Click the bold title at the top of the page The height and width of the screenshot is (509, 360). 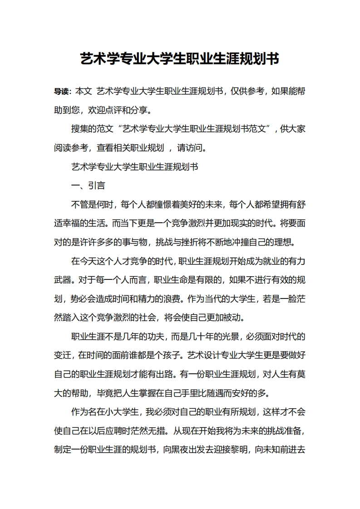[180, 59]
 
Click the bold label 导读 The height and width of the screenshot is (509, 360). [61, 91]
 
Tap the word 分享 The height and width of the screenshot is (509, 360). [139, 110]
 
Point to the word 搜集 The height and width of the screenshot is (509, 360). [80, 129]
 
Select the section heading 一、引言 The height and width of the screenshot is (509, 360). [88, 186]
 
